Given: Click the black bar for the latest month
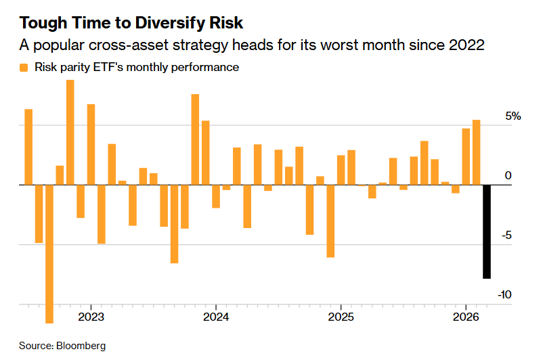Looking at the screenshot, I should (486, 231).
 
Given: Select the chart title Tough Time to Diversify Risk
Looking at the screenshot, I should (131, 23).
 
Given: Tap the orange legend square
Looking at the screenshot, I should (24, 68).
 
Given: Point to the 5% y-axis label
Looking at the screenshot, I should (512, 116).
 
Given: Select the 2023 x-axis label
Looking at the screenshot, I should (91, 317).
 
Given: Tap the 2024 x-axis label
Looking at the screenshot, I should (215, 317).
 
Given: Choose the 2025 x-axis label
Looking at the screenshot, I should (341, 317).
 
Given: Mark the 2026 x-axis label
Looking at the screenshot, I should (466, 317).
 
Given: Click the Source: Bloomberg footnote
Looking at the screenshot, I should (62, 346).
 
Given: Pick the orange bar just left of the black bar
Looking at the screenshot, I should (476, 152).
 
